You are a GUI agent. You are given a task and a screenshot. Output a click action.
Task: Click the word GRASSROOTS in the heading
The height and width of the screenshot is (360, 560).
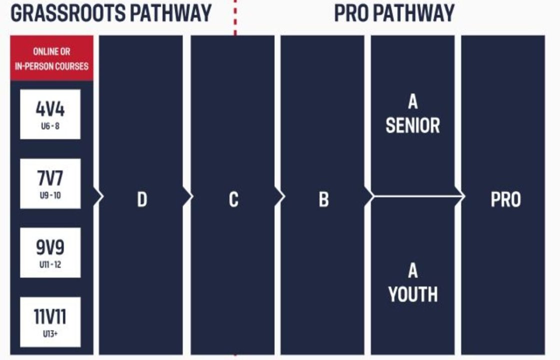coord(68,13)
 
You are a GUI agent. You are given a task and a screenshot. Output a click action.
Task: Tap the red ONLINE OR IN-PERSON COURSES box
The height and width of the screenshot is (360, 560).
coord(52,58)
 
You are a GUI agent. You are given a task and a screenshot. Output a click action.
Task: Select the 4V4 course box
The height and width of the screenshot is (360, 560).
coord(50,114)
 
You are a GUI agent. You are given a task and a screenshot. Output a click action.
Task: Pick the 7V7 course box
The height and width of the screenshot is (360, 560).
coord(50,183)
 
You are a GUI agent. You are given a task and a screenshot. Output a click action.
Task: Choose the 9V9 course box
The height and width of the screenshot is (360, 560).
coord(50,253)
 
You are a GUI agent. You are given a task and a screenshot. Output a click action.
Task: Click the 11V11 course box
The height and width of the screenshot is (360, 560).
coord(50,322)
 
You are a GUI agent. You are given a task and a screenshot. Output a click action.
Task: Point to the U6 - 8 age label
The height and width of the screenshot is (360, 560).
coord(50,126)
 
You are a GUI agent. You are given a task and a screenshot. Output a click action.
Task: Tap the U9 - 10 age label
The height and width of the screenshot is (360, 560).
coord(50,195)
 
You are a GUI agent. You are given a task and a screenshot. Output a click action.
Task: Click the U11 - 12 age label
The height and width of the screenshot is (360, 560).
coord(50,264)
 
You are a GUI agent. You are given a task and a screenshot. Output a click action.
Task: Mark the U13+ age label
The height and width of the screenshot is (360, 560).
coord(50,334)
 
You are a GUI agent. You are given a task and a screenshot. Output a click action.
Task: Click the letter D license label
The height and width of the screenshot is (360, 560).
coord(142,199)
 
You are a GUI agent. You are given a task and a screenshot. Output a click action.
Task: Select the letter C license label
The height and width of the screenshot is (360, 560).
coord(233,199)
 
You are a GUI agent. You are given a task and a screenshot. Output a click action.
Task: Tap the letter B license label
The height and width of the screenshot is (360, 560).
coord(324,199)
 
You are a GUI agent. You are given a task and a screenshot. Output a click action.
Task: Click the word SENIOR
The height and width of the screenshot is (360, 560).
coord(413,125)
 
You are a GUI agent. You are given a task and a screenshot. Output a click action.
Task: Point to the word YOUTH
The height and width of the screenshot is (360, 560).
coord(413,294)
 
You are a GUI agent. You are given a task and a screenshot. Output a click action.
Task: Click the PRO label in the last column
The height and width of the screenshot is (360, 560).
coord(505,199)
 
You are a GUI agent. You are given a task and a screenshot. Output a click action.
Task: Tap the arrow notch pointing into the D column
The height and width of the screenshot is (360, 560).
coord(99,196)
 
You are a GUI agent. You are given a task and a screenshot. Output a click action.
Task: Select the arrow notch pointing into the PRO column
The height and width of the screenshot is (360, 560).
coord(460,196)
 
